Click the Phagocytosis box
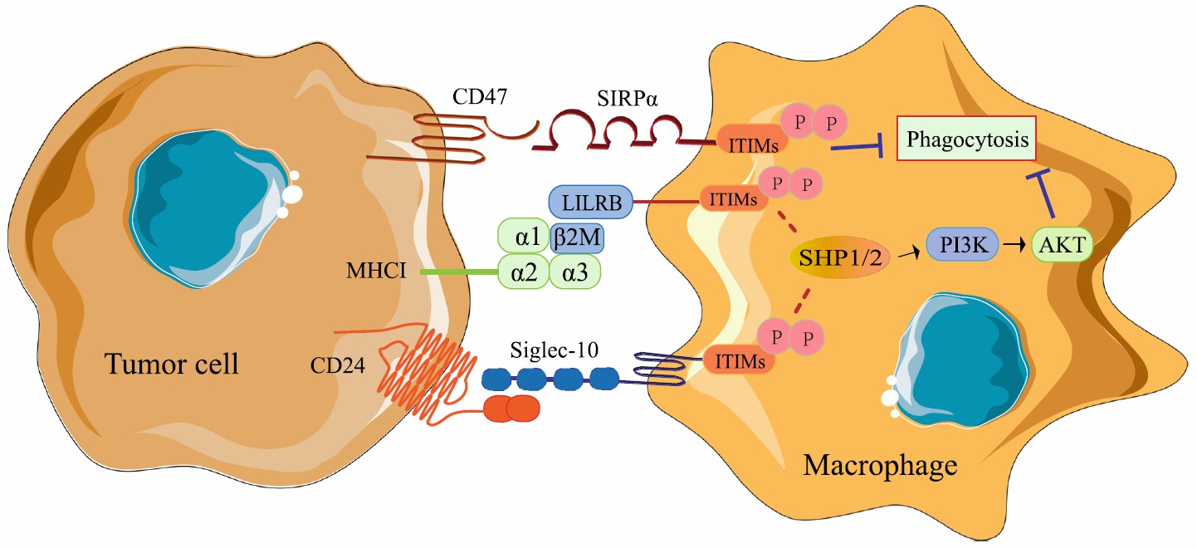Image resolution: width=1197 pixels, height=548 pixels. click(x=968, y=140)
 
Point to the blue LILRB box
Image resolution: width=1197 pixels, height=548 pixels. click(x=590, y=201)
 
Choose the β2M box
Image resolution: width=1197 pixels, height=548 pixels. click(x=576, y=238)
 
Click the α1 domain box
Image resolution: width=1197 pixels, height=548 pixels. click(x=522, y=237)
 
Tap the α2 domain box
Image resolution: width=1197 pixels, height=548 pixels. click(x=522, y=272)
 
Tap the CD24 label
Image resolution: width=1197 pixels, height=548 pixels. click(x=340, y=365)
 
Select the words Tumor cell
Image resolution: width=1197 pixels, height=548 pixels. click(x=172, y=362)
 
